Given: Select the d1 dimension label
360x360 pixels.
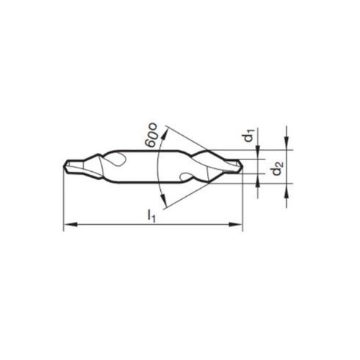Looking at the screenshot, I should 250,135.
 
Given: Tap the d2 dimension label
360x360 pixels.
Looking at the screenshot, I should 276,170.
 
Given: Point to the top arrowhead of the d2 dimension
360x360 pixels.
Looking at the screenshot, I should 286,144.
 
